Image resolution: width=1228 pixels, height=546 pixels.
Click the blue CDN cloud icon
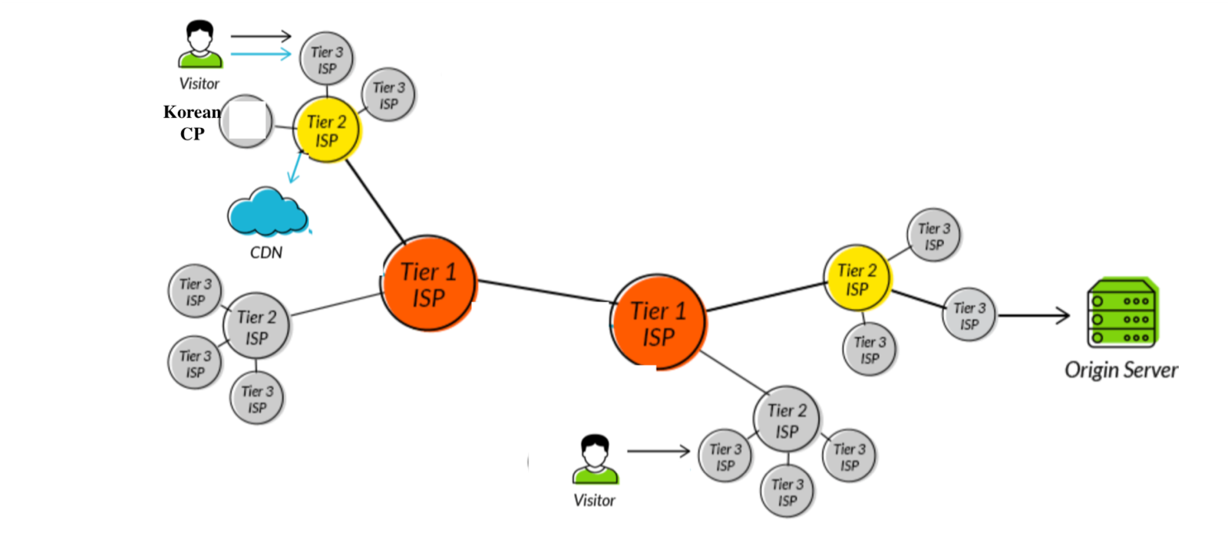pyautogui.click(x=266, y=212)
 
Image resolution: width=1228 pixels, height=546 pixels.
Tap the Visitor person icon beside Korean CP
pyautogui.click(x=200, y=44)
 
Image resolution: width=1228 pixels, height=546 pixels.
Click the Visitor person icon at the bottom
pyautogui.click(x=595, y=459)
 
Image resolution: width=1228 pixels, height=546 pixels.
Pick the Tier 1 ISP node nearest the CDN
pyautogui.click(x=428, y=285)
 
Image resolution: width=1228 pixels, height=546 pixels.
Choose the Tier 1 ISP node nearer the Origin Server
pyautogui.click(x=659, y=323)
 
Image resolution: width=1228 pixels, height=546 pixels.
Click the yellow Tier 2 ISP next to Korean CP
pyautogui.click(x=326, y=130)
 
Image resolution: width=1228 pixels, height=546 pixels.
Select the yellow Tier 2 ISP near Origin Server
pyautogui.click(x=857, y=279)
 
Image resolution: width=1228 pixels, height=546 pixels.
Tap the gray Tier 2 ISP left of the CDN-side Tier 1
pyautogui.click(x=256, y=327)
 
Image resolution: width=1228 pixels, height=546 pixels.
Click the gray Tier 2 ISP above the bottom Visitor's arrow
pyautogui.click(x=787, y=420)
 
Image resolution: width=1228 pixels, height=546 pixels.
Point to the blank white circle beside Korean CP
pyautogui.click(x=246, y=122)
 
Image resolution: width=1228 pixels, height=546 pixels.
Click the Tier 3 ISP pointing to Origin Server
pyautogui.click(x=969, y=315)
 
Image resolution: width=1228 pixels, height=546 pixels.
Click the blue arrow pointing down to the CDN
pyautogui.click(x=295, y=167)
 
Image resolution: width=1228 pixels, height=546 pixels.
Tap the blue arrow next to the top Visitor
pyautogui.click(x=261, y=54)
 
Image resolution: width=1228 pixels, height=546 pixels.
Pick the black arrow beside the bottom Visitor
pyautogui.click(x=659, y=451)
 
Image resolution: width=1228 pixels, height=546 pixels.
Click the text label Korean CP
pyautogui.click(x=192, y=123)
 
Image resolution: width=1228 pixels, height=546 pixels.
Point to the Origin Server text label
pyautogui.click(x=1121, y=370)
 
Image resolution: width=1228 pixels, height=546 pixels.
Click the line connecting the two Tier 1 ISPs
pyautogui.click(x=543, y=291)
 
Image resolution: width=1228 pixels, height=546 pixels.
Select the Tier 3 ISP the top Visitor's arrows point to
pyautogui.click(x=326, y=59)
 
